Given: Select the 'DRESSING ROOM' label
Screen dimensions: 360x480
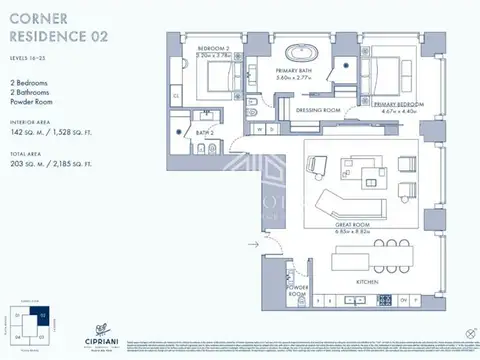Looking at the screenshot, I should tap(319, 110).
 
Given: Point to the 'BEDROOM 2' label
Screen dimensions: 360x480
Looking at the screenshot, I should tap(214, 48).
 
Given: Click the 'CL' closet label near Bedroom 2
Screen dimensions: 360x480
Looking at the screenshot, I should tap(175, 96).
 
